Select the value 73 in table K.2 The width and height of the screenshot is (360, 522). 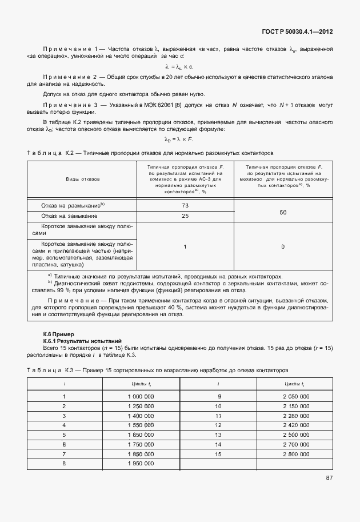pos(185,205)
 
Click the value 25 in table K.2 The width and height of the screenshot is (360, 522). pos(185,216)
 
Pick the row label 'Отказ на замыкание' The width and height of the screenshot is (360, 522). pos(69,216)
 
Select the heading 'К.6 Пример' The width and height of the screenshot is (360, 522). pos(60,333)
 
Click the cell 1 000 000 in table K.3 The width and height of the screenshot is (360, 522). pos(141,396)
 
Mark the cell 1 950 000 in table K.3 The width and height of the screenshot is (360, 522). pos(141,463)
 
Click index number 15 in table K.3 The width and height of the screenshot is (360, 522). pos(218,453)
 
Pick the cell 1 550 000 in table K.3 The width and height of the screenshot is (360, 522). pos(141,425)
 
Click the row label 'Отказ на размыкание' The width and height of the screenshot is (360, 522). pos(73,205)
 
